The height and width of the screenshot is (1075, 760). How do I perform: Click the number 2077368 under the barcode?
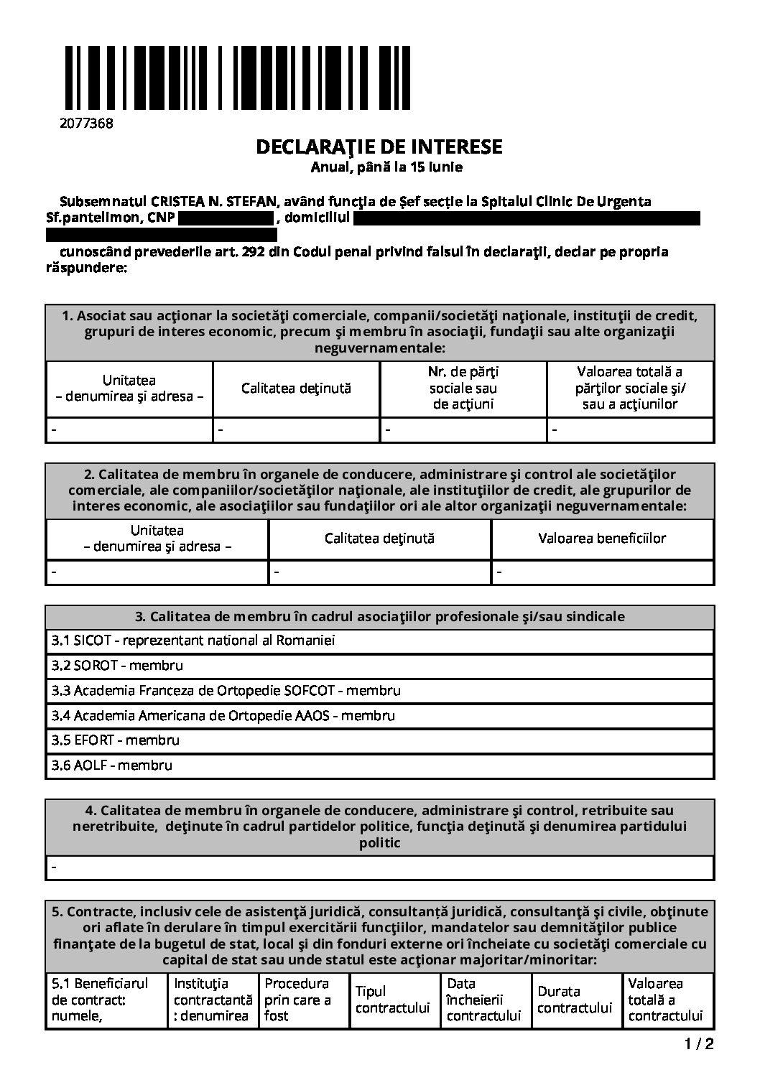tap(86, 123)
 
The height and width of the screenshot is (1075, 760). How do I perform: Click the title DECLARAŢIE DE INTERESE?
tap(379, 147)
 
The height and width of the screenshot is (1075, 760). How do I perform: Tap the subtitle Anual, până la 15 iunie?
tap(386, 167)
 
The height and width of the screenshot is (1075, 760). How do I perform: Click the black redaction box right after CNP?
tap(226, 218)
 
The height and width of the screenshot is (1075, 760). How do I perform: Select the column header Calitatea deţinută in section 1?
tap(296, 388)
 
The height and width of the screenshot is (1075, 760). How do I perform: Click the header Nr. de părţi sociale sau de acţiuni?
tap(463, 388)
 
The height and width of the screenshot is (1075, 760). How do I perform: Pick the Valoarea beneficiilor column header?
tap(602, 538)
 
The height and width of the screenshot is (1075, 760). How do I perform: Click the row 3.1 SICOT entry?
tap(193, 640)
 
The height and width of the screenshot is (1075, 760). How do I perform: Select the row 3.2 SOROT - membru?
tap(117, 665)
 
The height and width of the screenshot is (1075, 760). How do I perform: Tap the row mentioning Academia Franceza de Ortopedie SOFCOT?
tap(226, 690)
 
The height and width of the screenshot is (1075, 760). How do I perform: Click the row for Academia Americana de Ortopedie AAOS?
tap(223, 715)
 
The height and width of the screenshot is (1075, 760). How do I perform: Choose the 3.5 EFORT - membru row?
tap(116, 740)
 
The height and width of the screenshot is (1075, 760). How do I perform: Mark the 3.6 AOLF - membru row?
tap(112, 765)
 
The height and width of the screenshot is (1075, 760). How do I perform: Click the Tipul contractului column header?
tap(392, 1000)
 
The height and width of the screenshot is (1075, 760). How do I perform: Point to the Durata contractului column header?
tap(575, 1000)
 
